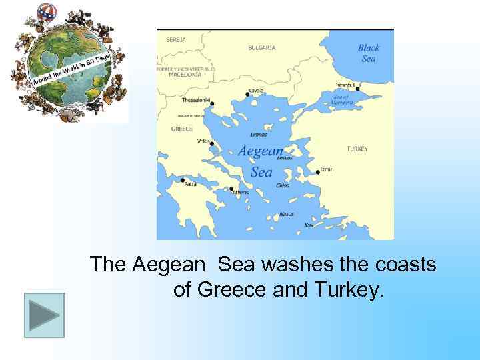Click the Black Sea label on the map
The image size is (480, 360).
click(x=369, y=53)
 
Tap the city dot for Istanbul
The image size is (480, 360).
click(x=358, y=88)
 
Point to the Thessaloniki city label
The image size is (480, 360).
click(x=196, y=100)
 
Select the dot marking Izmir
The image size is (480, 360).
click(x=318, y=173)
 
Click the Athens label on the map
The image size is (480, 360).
click(x=240, y=193)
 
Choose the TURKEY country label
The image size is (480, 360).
click(x=357, y=149)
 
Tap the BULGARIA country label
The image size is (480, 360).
click(x=262, y=48)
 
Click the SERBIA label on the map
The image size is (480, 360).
click(x=176, y=39)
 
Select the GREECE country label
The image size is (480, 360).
click(x=182, y=129)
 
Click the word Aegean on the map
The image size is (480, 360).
click(x=261, y=151)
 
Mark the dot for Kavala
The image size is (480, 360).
click(x=247, y=95)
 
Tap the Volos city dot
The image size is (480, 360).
click(x=212, y=144)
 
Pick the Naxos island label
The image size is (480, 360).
click(x=287, y=214)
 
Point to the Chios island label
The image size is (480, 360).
click(x=283, y=185)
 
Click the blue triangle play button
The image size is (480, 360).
click(x=45, y=315)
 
